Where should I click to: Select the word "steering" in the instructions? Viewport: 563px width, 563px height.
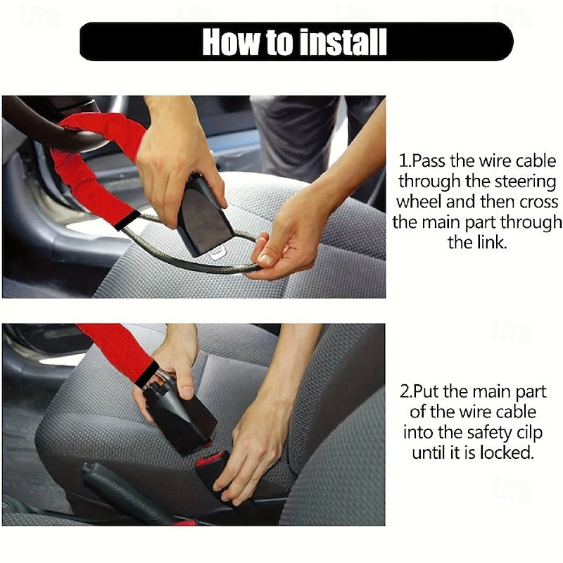tap(519, 181)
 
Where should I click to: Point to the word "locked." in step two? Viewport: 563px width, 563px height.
tap(507, 453)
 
